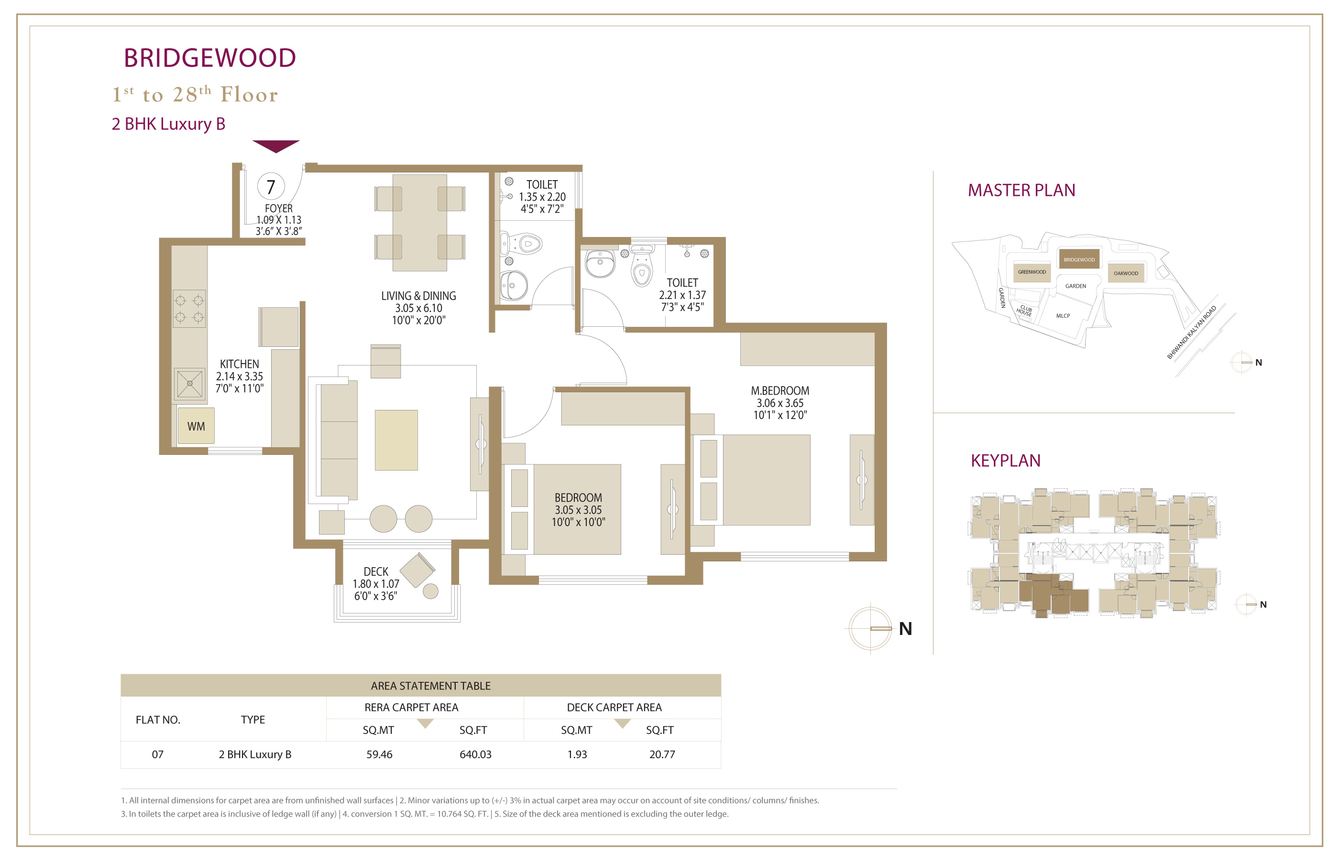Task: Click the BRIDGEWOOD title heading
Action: pyautogui.click(x=209, y=58)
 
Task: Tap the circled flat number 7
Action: pyautogui.click(x=271, y=186)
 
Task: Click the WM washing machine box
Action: pyautogui.click(x=196, y=426)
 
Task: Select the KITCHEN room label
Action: pyautogui.click(x=239, y=364)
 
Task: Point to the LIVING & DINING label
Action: pyautogui.click(x=418, y=296)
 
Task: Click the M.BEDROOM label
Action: pyautogui.click(x=780, y=391)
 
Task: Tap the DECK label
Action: pyautogui.click(x=376, y=572)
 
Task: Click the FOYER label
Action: pyautogui.click(x=279, y=208)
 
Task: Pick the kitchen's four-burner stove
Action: pyautogui.click(x=189, y=308)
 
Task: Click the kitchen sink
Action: pyautogui.click(x=190, y=384)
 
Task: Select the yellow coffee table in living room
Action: pyautogui.click(x=396, y=440)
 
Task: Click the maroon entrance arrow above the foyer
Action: pyautogui.click(x=276, y=146)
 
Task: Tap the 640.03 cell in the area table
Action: pyautogui.click(x=475, y=754)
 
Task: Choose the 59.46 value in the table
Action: pyautogui.click(x=379, y=754)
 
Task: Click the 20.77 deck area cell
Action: pyautogui.click(x=662, y=754)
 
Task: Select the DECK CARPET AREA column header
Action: pyautogui.click(x=614, y=708)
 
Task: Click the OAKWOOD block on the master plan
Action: pyautogui.click(x=1126, y=273)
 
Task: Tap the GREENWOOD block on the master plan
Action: pyautogui.click(x=1032, y=272)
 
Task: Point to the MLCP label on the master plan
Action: pyautogui.click(x=1063, y=316)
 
